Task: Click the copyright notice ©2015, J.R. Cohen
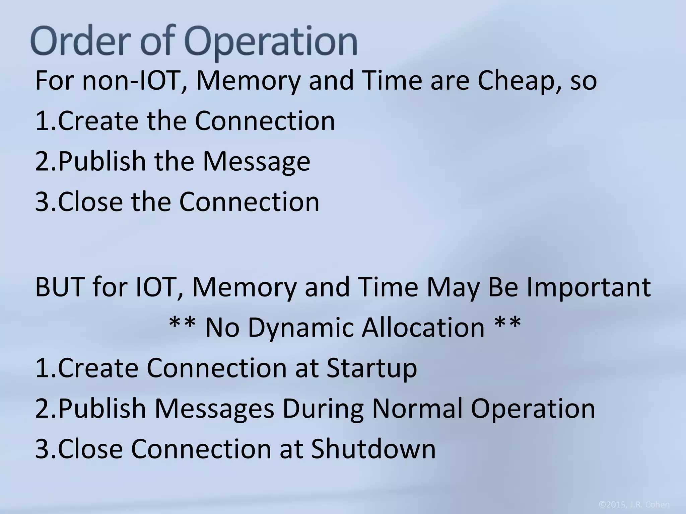coord(634,505)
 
